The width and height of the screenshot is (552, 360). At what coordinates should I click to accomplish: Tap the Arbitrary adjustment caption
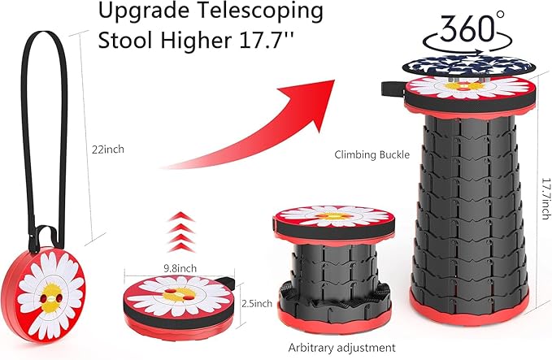click(342, 347)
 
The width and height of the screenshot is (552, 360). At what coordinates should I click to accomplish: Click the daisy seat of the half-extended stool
click(333, 217)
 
